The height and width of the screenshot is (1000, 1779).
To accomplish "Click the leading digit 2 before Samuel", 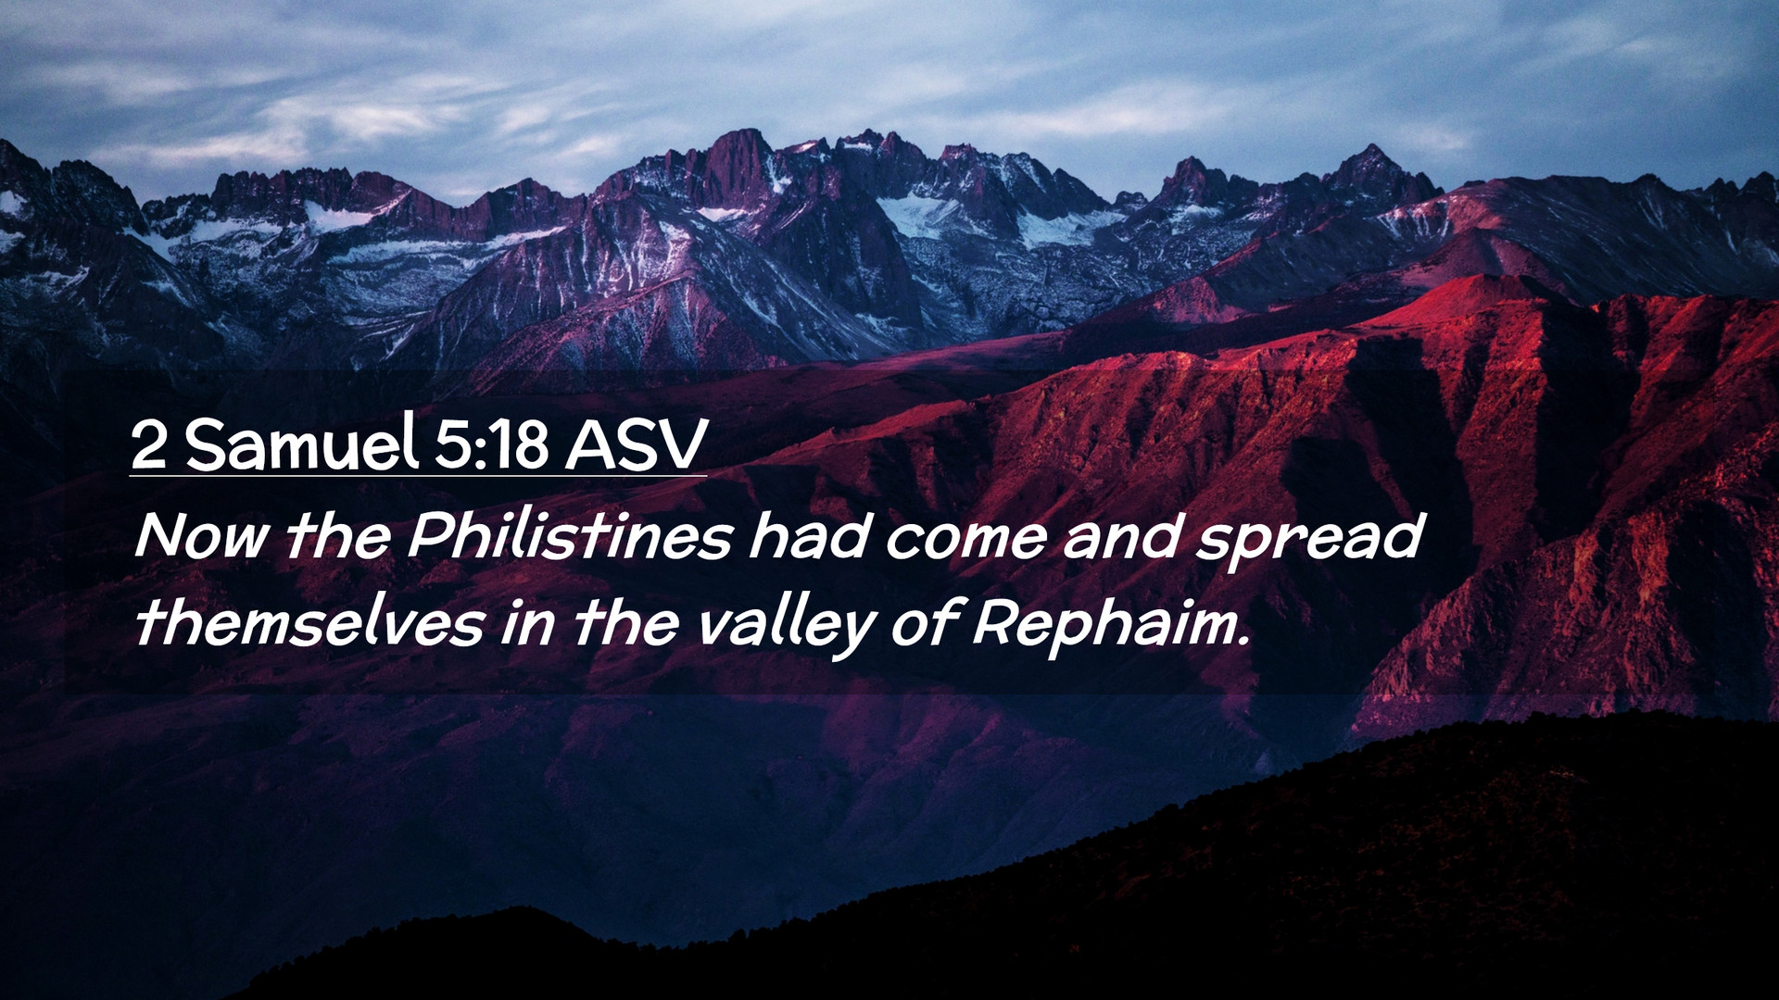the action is (x=149, y=444).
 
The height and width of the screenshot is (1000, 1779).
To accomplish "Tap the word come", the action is (x=966, y=540).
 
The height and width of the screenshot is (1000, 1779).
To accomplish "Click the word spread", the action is (x=1308, y=541).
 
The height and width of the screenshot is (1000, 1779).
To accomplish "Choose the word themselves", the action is (x=309, y=621).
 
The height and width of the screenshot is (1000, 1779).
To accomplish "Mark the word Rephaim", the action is (x=1105, y=625).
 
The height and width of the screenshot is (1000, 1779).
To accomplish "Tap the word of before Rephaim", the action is (x=924, y=622).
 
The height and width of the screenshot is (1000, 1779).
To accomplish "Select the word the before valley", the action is (x=626, y=621).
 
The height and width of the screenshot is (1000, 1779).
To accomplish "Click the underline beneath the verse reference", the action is (x=418, y=475).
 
